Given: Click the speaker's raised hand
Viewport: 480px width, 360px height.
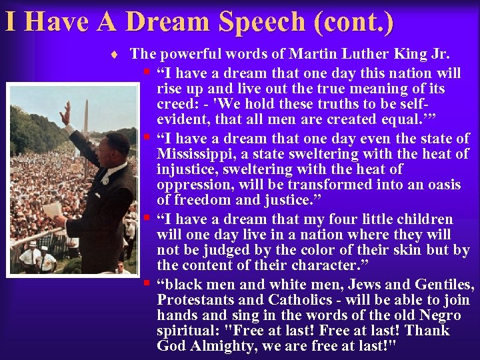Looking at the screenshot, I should click(x=65, y=113).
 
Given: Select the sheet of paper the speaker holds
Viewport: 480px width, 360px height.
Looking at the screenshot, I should click(x=52, y=210).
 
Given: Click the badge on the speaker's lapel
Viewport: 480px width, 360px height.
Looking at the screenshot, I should click(x=105, y=179).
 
